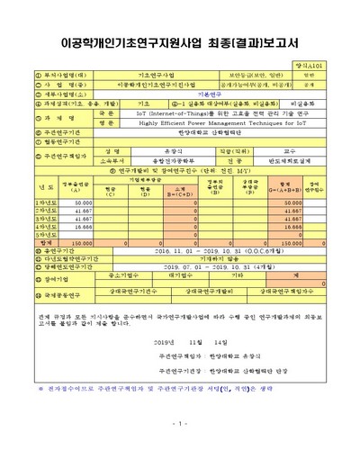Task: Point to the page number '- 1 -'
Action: click(x=180, y=423)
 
